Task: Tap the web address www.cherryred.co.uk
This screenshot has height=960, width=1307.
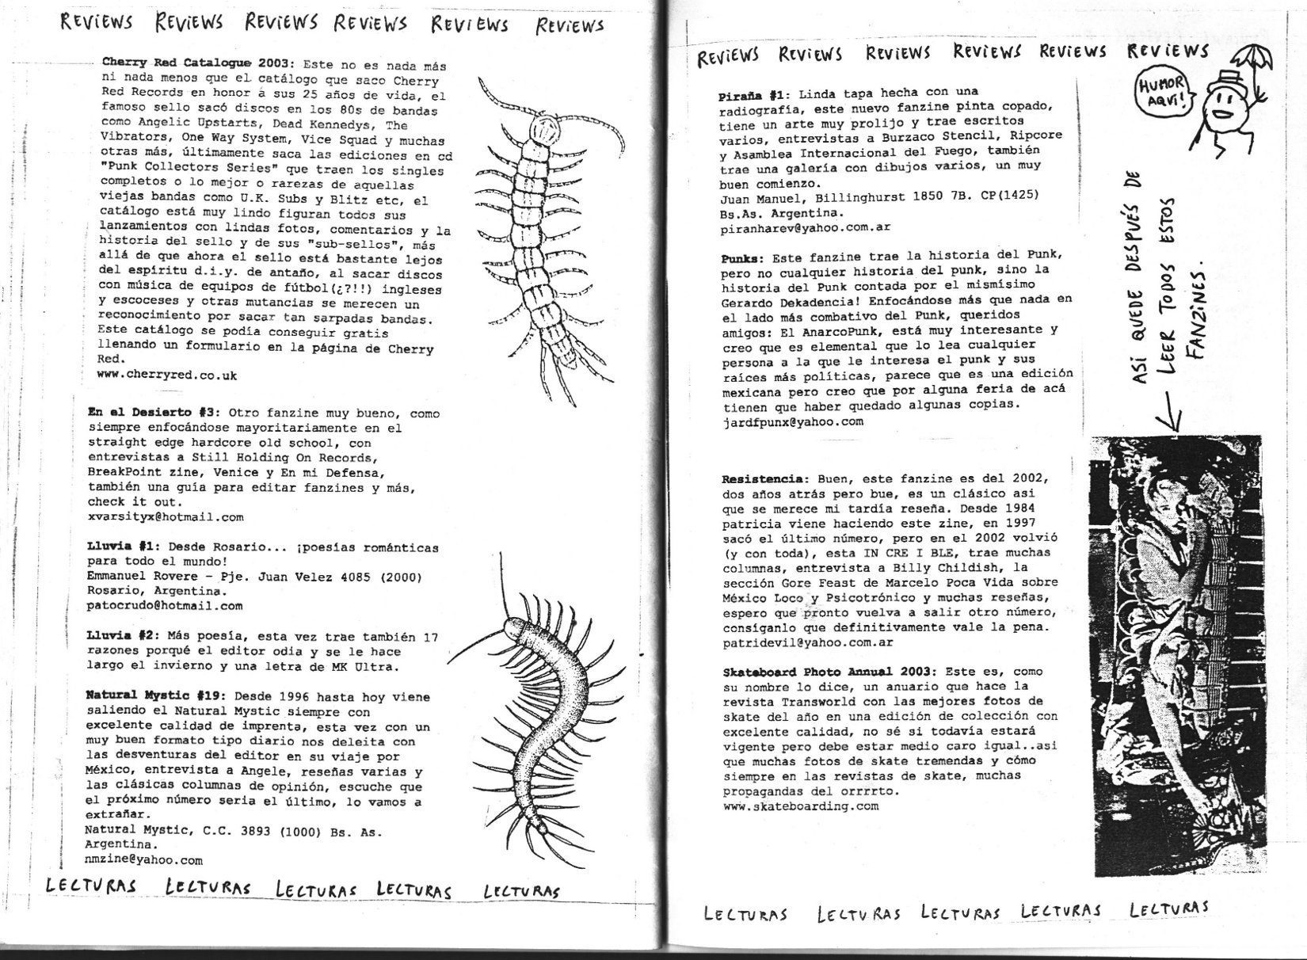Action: click(167, 375)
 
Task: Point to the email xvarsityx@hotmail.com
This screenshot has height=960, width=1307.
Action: click(166, 516)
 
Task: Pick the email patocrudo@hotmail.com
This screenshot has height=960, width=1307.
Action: click(165, 606)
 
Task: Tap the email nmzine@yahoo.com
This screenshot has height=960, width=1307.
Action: click(143, 859)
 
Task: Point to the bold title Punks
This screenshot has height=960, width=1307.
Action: click(742, 257)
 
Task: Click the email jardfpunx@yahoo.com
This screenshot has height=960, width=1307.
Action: click(792, 421)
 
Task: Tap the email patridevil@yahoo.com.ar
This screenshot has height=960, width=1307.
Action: click(807, 642)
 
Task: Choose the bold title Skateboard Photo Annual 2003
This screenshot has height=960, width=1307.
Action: click(828, 672)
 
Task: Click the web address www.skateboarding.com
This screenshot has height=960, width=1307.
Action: click(800, 806)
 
